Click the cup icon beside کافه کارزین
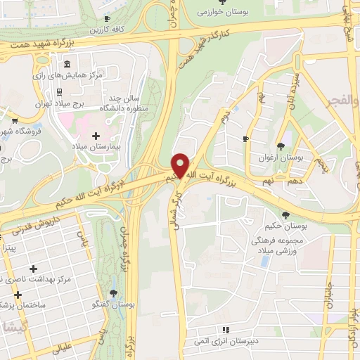[106, 19]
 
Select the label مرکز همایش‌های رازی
[69, 74]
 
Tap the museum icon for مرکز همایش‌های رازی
[67, 64]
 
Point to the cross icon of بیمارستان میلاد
[96, 134]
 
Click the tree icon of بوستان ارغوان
[282, 146]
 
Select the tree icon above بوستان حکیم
[285, 215]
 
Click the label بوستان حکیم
[286, 226]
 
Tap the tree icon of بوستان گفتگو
[113, 293]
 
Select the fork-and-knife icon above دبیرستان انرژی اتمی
[226, 329]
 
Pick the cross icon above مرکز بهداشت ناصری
[34, 269]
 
